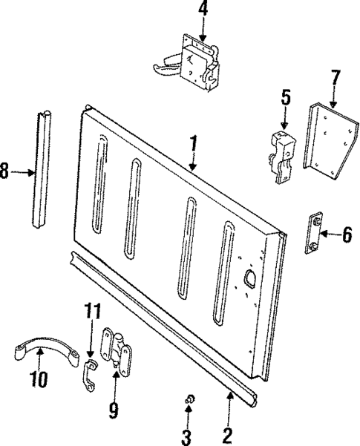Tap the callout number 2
click(229, 433)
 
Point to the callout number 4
click(203, 10)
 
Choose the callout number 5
click(284, 96)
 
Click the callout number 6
click(346, 235)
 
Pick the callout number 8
click(6, 172)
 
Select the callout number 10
click(39, 380)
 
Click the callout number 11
click(90, 311)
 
